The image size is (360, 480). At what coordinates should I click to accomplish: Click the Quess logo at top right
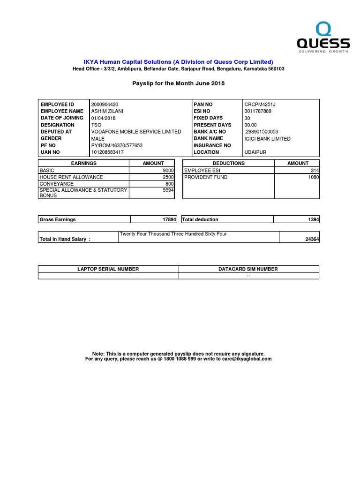(x=323, y=37)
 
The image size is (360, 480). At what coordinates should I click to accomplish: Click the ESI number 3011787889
(x=258, y=111)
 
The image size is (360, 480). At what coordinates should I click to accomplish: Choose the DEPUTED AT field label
(x=56, y=132)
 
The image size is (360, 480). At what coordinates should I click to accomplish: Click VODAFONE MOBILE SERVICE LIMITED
(x=136, y=132)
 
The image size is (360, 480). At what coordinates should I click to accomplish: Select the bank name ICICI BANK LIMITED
(x=268, y=139)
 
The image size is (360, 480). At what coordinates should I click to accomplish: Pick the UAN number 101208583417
(x=107, y=152)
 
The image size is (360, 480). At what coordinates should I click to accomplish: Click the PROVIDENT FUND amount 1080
(x=314, y=177)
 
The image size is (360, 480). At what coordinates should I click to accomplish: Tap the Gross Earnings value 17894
(x=168, y=219)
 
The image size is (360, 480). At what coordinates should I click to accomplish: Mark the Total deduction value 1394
(x=314, y=219)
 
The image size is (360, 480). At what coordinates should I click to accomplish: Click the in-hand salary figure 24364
(x=312, y=239)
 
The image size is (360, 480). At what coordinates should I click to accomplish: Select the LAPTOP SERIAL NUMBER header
(x=108, y=269)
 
